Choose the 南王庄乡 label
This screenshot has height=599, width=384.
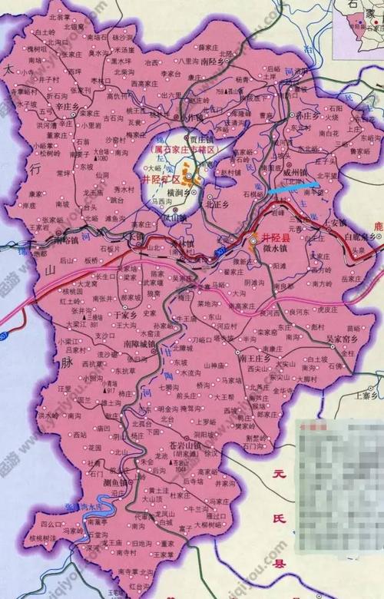(255, 357)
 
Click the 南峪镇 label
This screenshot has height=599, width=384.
(73, 240)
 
